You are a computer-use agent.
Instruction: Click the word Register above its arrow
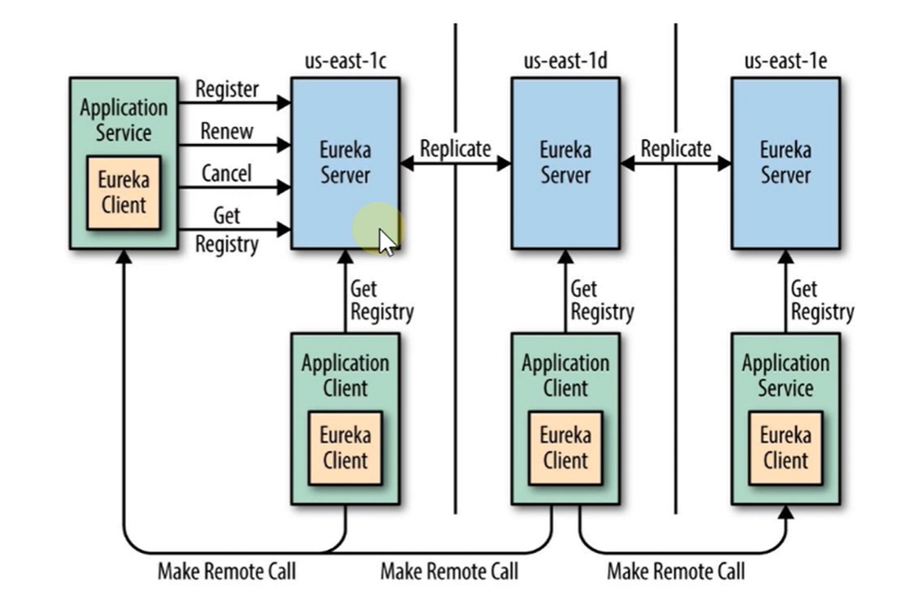pos(227,88)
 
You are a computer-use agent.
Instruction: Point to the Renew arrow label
pos(227,131)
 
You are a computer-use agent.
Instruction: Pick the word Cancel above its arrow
pos(227,174)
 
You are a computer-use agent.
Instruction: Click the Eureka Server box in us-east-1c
pos(345,163)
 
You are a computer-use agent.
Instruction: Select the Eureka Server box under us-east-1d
pos(565,163)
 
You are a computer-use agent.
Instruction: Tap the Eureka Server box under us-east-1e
pos(785,163)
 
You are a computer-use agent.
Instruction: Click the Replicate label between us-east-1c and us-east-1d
pos(455,149)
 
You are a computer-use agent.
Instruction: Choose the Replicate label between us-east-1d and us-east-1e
pos(676,149)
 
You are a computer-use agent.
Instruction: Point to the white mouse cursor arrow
pos(386,242)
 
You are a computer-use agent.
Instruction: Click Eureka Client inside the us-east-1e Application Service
pos(785,447)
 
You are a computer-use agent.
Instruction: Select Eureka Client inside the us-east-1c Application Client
pos(345,447)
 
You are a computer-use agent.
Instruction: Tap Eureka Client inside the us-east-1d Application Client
pos(565,447)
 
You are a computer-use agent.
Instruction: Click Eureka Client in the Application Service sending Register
pos(124,192)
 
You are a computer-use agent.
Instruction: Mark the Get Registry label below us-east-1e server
pos(821,300)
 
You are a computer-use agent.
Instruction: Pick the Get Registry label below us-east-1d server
pos(602,300)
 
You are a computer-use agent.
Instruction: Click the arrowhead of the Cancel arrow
pos(285,188)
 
